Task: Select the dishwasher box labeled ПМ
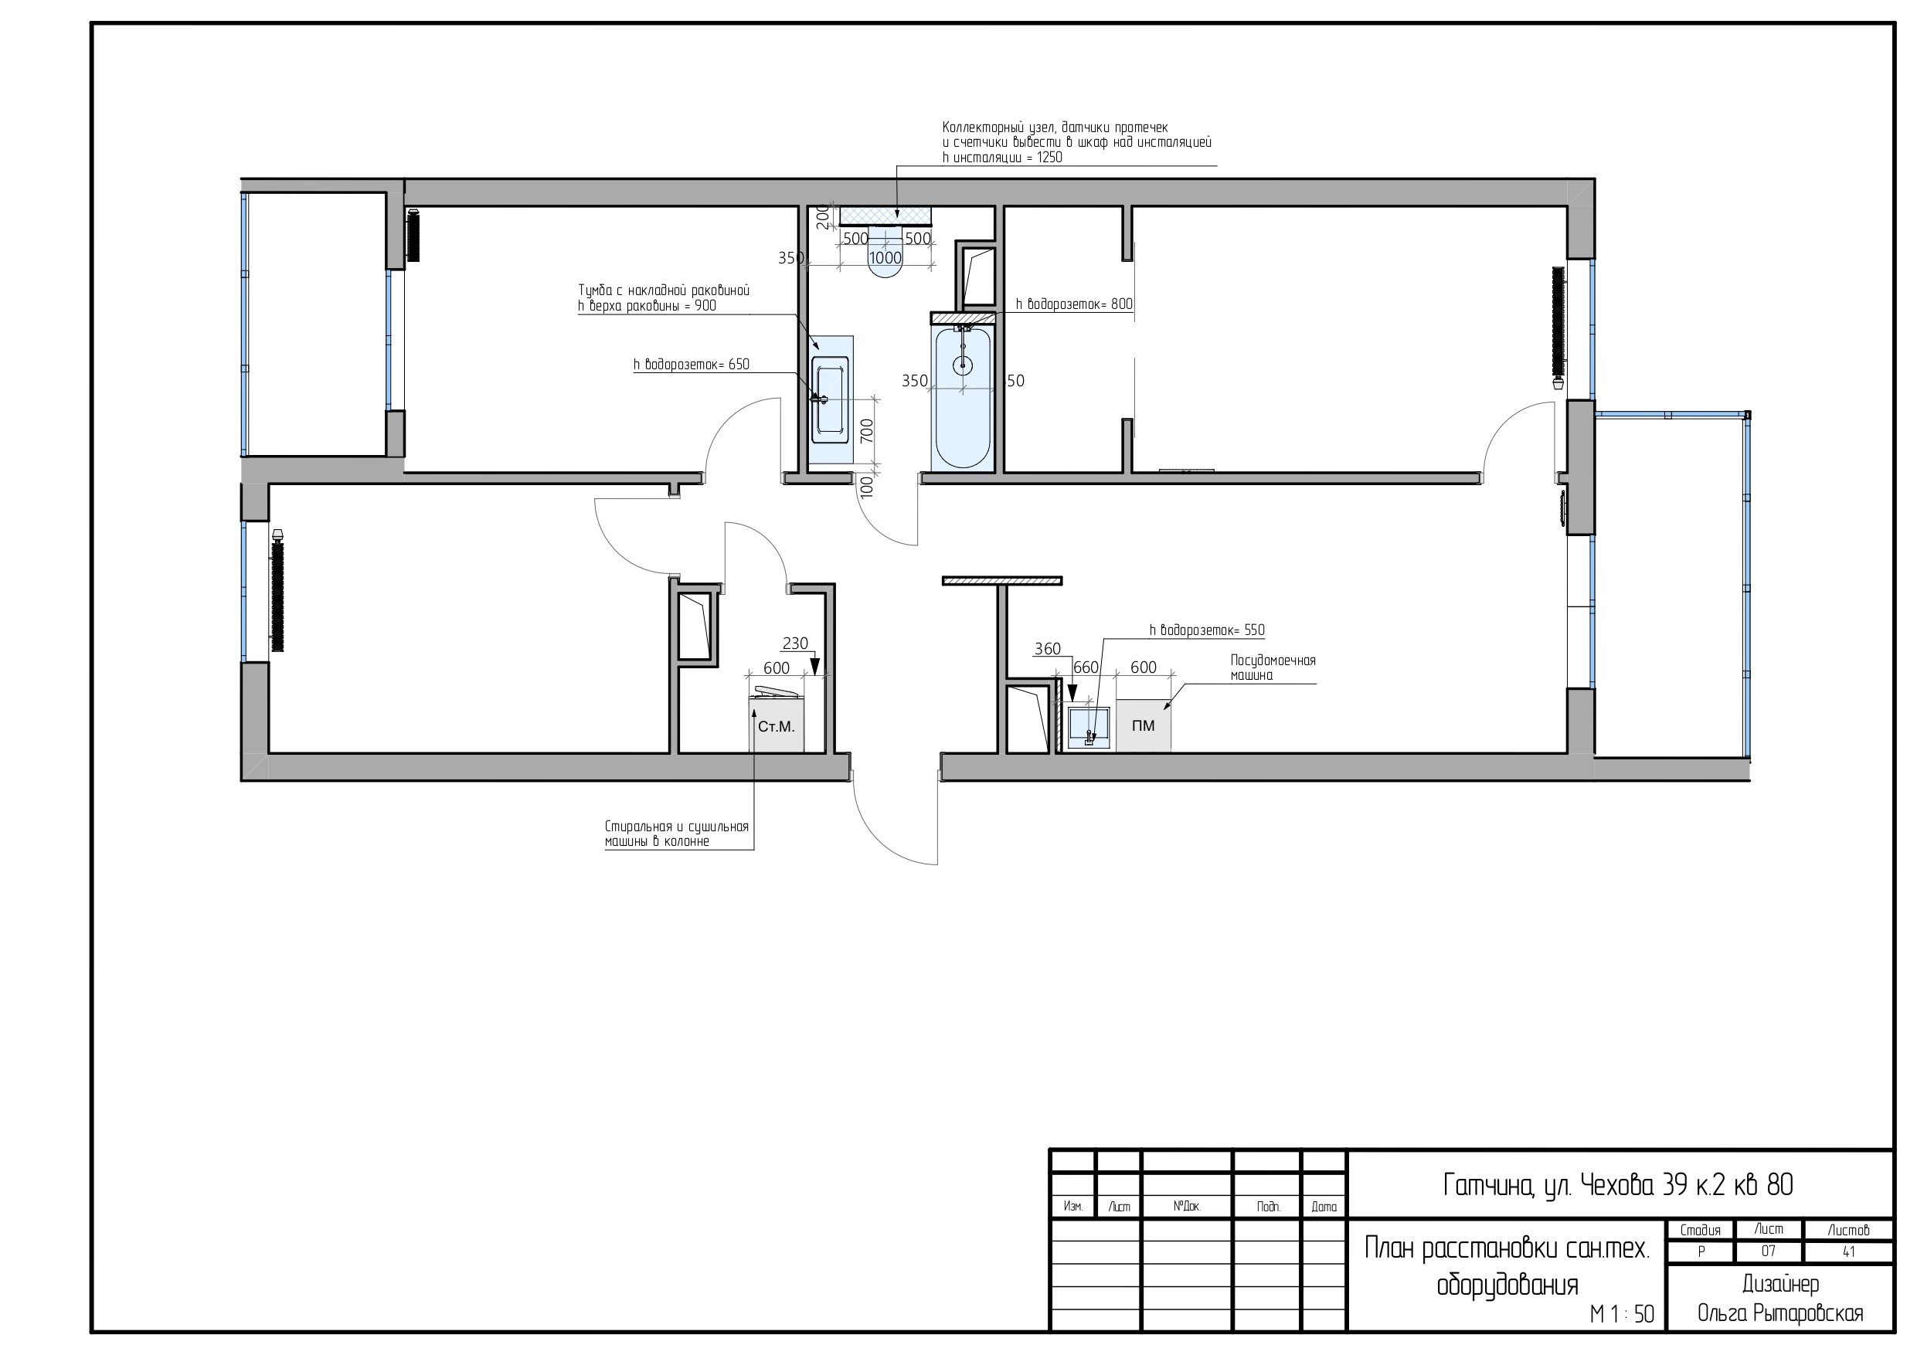(x=1143, y=725)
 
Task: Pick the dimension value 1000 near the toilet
(x=885, y=258)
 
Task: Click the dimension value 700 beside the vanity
(x=867, y=430)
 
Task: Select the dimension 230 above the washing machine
(x=795, y=643)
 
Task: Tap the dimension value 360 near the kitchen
(x=1047, y=649)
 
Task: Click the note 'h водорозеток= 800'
(x=1074, y=304)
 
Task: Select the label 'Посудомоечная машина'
(x=1273, y=668)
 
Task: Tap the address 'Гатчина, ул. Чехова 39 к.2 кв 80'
(x=1618, y=1185)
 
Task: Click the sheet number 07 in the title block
(x=1769, y=1251)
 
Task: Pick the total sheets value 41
(x=1848, y=1251)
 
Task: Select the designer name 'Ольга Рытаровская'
(x=1780, y=1313)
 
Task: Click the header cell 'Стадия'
(x=1700, y=1230)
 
